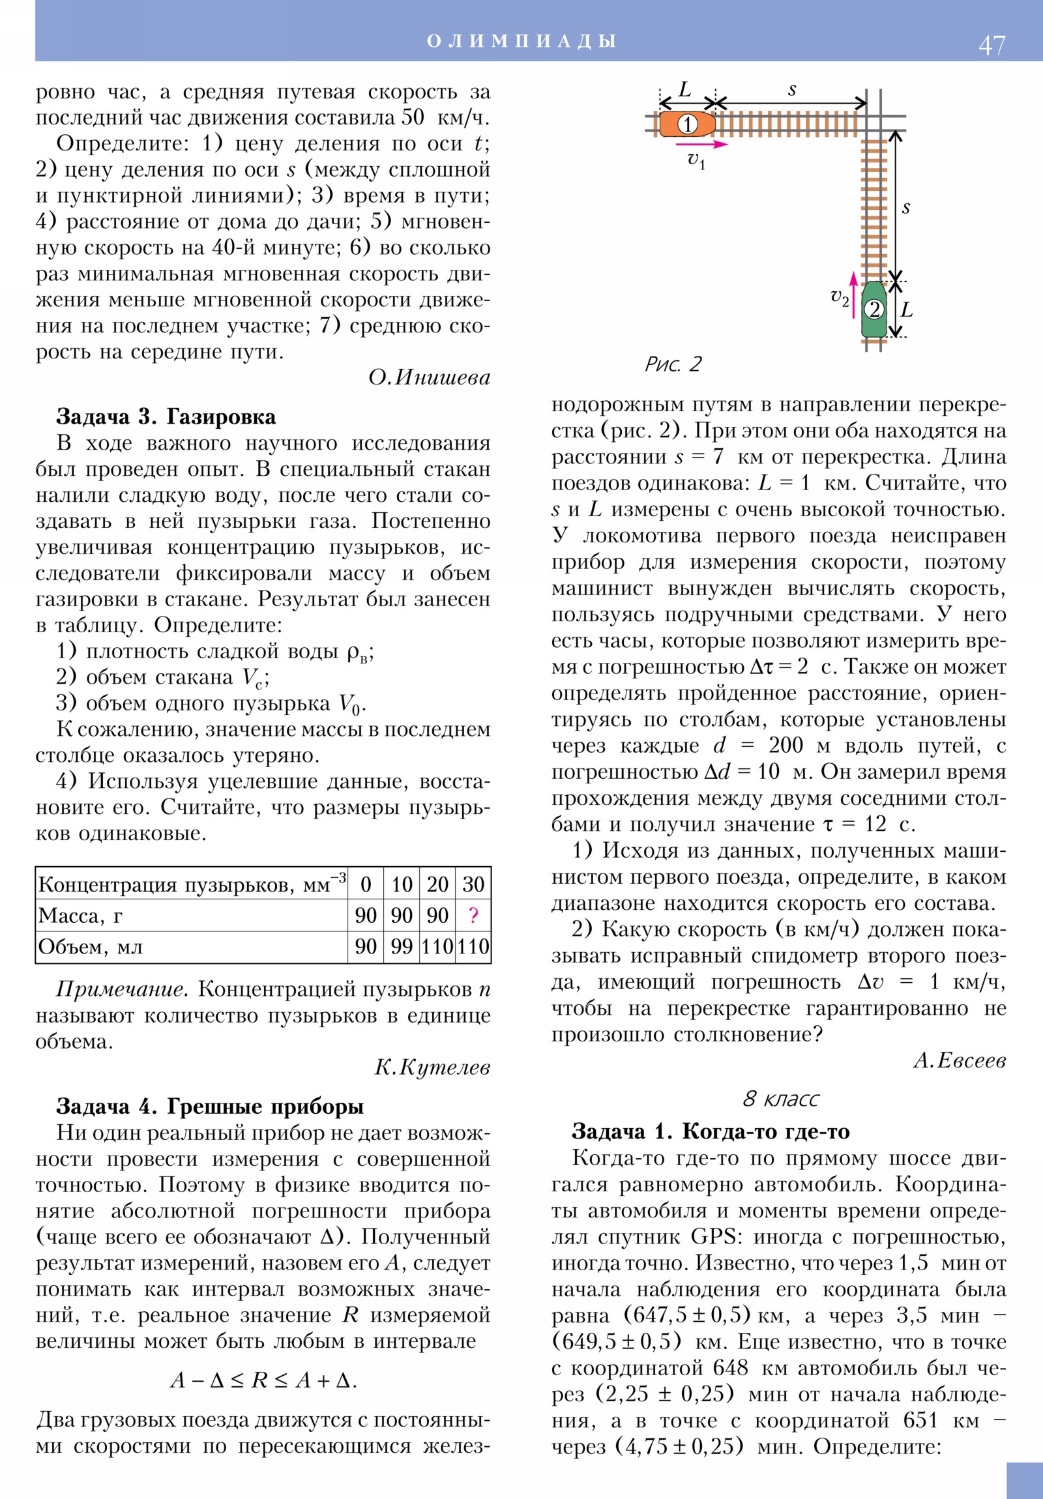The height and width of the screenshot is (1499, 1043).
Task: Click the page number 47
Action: (x=992, y=46)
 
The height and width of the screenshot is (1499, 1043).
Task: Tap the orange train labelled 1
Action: (x=686, y=124)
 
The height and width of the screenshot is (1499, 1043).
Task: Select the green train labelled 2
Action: (x=874, y=309)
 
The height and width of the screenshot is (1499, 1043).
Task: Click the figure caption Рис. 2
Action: (x=673, y=364)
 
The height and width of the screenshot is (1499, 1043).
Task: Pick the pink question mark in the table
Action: (x=473, y=915)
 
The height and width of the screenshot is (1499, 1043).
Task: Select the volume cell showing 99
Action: (x=402, y=947)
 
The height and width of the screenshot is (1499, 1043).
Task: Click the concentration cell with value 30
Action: (x=473, y=884)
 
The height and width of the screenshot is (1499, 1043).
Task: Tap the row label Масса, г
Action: (x=80, y=916)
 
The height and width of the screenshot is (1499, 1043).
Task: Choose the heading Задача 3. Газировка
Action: (x=166, y=416)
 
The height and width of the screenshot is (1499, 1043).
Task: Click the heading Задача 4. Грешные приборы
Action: (x=210, y=1106)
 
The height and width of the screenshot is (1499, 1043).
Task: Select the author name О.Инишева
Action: (x=429, y=377)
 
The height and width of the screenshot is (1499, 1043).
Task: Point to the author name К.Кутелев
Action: (x=432, y=1067)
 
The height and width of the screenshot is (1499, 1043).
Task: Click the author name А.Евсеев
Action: (x=960, y=1060)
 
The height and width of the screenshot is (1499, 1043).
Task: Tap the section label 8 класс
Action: (x=780, y=1099)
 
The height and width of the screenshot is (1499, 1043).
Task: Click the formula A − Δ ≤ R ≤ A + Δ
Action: (x=263, y=1380)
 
